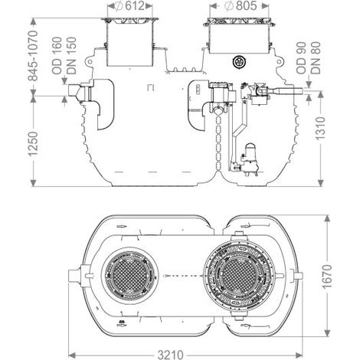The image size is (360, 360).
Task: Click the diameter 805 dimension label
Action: click(241, 6)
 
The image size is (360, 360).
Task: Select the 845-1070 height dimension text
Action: click(33, 56)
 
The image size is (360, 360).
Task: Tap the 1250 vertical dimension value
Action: click(33, 144)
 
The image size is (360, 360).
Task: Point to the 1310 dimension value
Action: click(321, 129)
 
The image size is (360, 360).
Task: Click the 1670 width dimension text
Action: click(327, 277)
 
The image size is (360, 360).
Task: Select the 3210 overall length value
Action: click(170, 355)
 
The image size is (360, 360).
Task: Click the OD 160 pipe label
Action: click(57, 56)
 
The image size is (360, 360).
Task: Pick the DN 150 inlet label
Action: click(71, 56)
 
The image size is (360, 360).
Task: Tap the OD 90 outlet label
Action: click(301, 58)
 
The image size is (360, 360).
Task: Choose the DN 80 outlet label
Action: click(316, 58)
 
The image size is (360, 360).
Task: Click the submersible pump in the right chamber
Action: click(250, 160)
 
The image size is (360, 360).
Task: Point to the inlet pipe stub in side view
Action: click(75, 90)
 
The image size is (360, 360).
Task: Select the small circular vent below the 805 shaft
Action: click(239, 62)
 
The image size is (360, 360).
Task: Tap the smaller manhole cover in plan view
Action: click(129, 276)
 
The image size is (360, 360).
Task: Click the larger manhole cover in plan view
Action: click(239, 276)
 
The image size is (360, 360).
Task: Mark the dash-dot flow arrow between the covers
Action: click(183, 276)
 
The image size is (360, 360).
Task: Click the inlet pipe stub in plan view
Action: click(74, 276)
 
